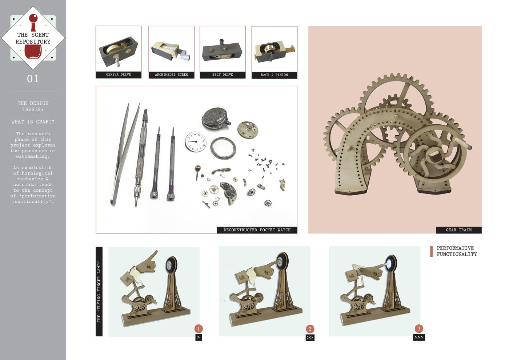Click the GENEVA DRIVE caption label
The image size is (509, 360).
119,75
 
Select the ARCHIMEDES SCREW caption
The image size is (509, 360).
171,75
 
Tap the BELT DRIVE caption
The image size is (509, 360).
223,75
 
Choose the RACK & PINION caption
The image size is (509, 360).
274,75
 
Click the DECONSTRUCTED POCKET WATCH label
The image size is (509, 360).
257,230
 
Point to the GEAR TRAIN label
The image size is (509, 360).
458,230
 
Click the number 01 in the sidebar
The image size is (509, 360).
33,79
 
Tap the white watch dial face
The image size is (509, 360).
196,141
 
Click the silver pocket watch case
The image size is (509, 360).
216,119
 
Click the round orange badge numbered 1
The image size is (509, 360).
199,329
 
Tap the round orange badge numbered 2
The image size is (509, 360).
310,329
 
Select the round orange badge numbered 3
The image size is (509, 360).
419,329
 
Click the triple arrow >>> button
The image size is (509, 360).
419,337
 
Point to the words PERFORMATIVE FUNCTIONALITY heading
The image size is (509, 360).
457,251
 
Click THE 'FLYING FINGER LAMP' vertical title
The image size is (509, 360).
99,292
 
